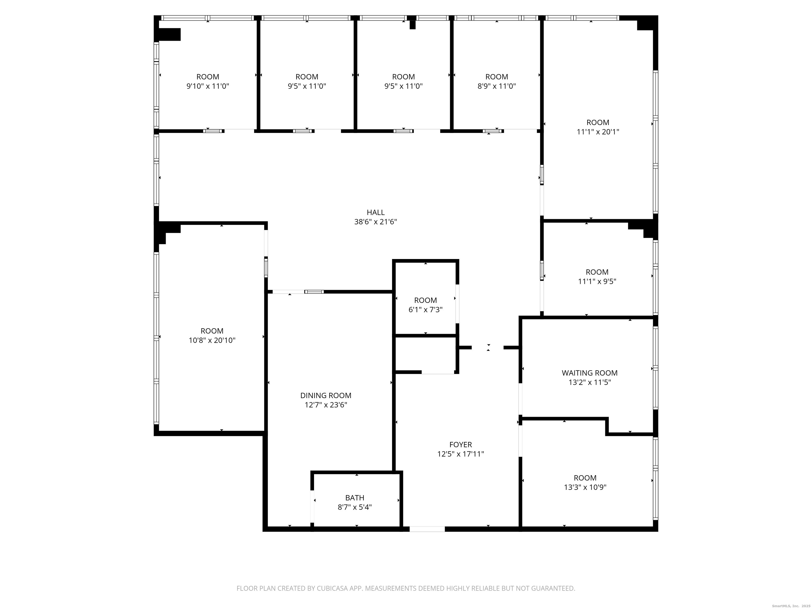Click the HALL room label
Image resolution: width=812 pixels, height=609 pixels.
pyautogui.click(x=376, y=212)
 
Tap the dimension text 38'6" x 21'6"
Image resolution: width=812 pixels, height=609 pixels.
pyautogui.click(x=376, y=222)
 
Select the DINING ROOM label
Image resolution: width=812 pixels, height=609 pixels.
pyautogui.click(x=326, y=395)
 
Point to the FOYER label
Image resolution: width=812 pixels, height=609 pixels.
pyautogui.click(x=460, y=445)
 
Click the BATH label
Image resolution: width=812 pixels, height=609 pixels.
pyautogui.click(x=355, y=498)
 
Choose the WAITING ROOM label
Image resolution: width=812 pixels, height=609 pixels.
pyautogui.click(x=589, y=373)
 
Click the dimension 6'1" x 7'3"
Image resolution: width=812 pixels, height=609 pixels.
pyautogui.click(x=426, y=310)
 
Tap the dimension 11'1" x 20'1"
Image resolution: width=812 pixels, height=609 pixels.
pyautogui.click(x=598, y=132)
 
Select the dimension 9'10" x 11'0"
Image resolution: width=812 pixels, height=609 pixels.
pyautogui.click(x=208, y=86)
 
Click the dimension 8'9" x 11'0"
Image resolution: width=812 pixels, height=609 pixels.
pyautogui.click(x=497, y=86)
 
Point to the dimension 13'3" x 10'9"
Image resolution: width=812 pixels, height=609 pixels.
pyautogui.click(x=585, y=487)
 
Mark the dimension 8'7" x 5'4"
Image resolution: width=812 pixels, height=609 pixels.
pyautogui.click(x=355, y=507)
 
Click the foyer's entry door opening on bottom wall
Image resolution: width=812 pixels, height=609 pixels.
pyautogui.click(x=427, y=529)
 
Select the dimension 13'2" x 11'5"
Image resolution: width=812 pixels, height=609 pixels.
pyautogui.click(x=589, y=382)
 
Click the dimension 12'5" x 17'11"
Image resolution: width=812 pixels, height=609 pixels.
pyautogui.click(x=460, y=454)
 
